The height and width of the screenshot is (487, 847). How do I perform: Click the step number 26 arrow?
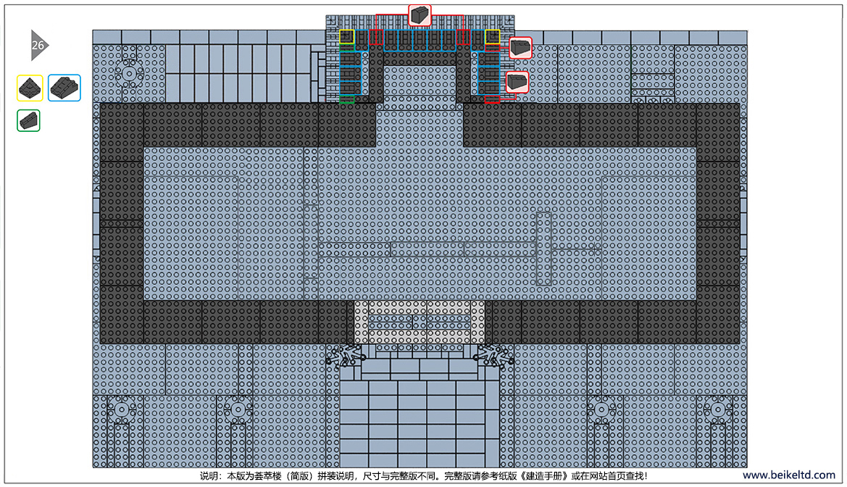[39, 46]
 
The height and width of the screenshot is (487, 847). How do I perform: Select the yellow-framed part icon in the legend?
[30, 88]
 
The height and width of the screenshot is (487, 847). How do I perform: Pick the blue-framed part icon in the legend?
[64, 88]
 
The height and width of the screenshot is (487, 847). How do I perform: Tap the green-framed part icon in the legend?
[29, 120]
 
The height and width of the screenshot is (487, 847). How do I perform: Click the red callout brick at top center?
[420, 14]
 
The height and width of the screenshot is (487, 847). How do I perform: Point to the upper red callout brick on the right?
[520, 48]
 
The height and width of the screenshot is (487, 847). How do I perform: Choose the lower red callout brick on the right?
[517, 82]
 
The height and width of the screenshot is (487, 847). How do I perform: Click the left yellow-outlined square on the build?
[347, 37]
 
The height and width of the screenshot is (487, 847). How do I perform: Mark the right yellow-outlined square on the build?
[492, 37]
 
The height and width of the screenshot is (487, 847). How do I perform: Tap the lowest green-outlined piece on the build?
[347, 99]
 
